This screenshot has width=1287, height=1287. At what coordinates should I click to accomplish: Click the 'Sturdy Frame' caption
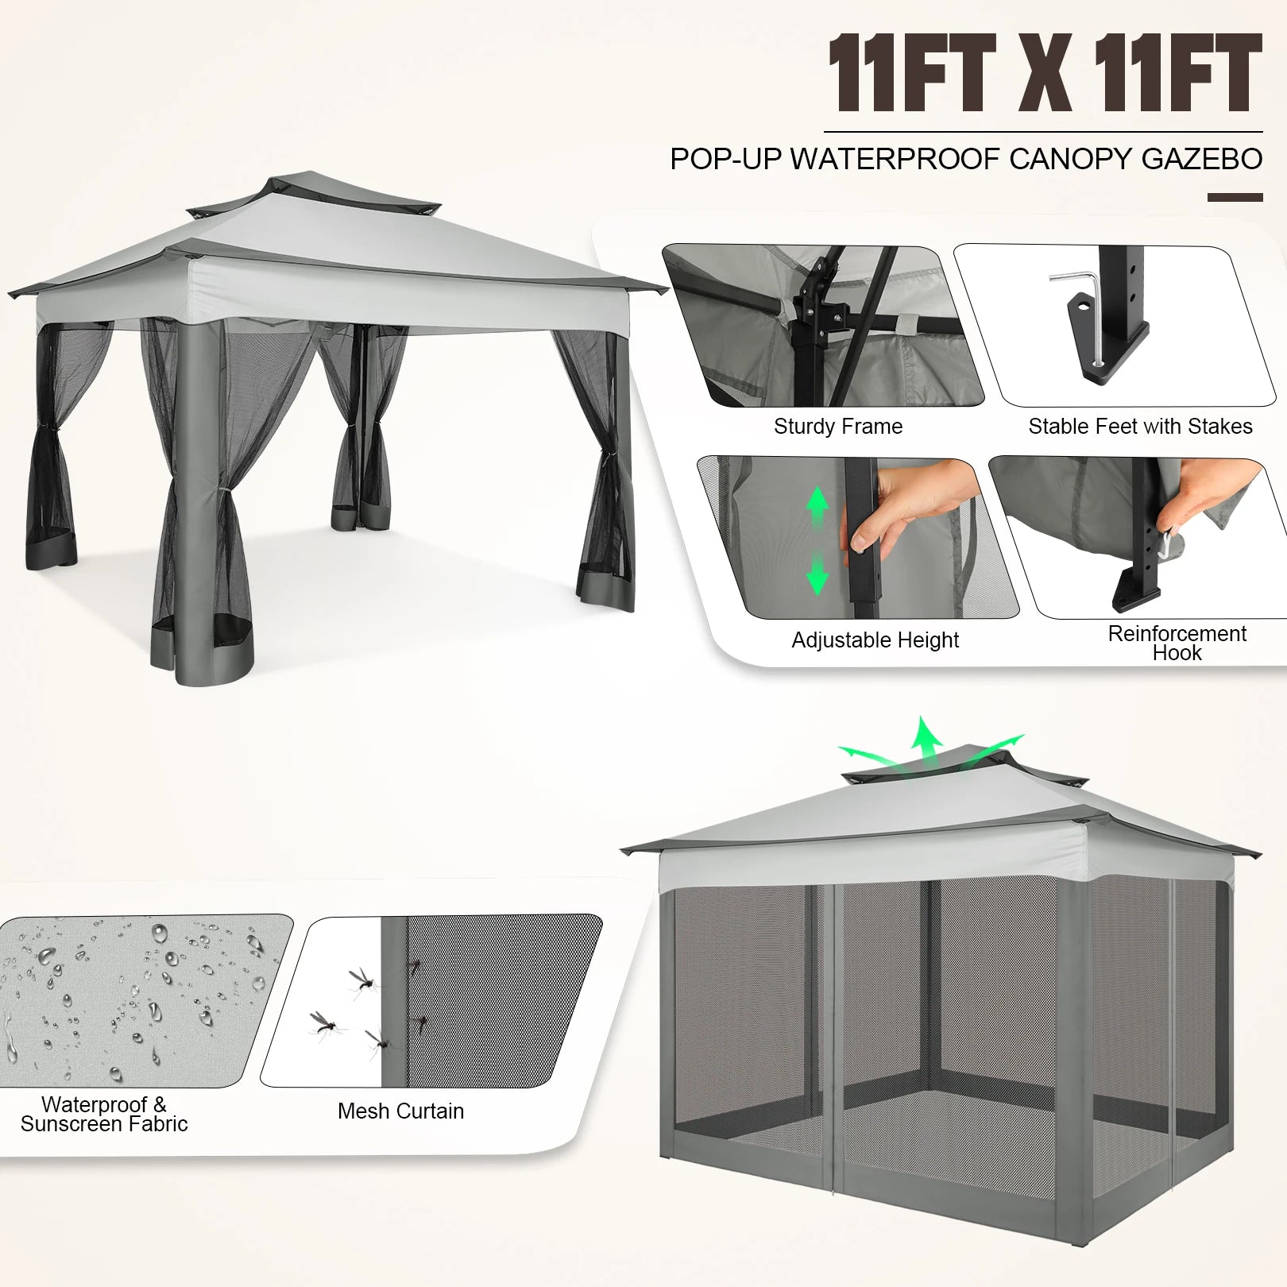[x=838, y=427]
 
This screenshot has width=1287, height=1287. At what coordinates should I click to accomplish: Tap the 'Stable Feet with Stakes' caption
[x=1140, y=427]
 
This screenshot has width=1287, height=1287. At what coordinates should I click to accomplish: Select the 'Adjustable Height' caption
[x=875, y=640]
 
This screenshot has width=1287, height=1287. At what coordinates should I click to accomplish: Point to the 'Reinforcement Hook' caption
[x=1177, y=643]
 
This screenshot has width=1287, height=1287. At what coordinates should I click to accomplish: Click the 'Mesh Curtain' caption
[x=400, y=1111]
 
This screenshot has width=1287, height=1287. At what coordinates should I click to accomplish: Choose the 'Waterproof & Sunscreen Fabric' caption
[x=104, y=1114]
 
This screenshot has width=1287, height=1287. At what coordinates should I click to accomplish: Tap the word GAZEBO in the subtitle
[x=1201, y=159]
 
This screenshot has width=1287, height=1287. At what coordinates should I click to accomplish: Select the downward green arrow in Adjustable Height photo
[x=817, y=574]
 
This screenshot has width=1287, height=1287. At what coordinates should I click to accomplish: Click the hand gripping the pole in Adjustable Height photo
[x=914, y=508]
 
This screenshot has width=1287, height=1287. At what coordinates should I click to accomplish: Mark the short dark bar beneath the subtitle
[x=1235, y=197]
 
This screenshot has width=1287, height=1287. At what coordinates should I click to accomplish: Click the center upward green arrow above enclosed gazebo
[x=925, y=739]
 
